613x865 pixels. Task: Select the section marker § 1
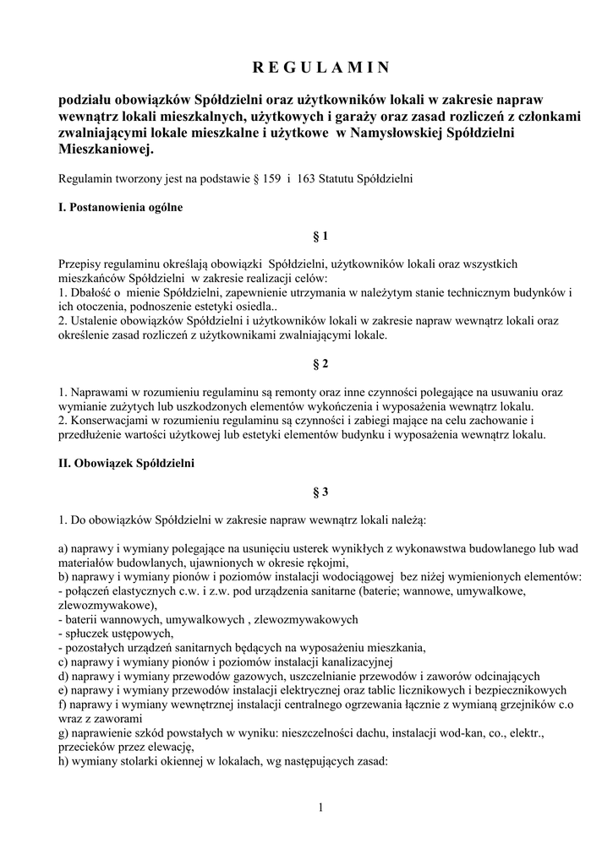click(x=320, y=237)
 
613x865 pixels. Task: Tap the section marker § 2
click(x=320, y=365)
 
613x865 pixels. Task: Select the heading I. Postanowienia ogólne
click(x=120, y=207)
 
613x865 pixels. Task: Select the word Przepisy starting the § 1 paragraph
click(x=80, y=264)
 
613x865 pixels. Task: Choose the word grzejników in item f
click(x=513, y=704)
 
